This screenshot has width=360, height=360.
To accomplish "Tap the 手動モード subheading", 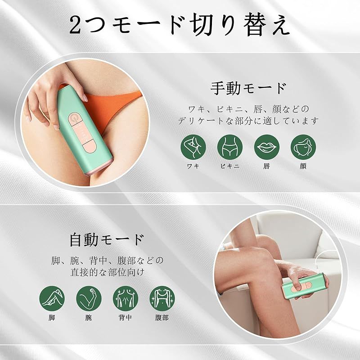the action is point(248,88).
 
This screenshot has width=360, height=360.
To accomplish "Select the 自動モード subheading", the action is point(107,240).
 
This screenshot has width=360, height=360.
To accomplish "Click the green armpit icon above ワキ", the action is point(193,147).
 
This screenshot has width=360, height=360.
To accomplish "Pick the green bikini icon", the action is point(230,147).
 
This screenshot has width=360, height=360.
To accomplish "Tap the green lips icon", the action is point(266,147).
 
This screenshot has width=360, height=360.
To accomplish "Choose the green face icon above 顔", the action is point(303,147).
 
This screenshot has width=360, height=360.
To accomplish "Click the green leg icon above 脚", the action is point(52,298).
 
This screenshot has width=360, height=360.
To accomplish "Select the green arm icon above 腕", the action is point(89,298).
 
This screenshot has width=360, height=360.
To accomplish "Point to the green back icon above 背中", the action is point(126,298).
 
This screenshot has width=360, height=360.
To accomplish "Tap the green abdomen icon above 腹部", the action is point(162,298).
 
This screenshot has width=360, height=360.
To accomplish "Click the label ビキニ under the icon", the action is point(230,166).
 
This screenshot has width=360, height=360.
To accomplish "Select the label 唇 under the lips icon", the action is point(266,166).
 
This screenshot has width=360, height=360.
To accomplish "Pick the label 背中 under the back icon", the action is point(126,318).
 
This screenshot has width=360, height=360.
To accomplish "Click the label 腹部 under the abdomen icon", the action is point(162,318).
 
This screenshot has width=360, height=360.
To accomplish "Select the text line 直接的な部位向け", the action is point(108,272).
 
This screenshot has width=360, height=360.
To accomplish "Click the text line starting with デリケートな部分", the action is point(248,121).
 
